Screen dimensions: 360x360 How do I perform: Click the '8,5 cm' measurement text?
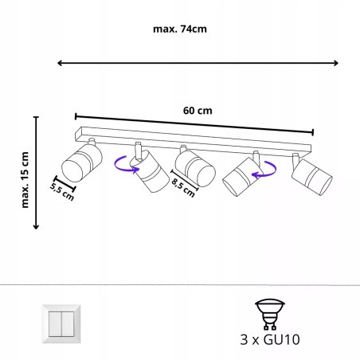coord(184,189)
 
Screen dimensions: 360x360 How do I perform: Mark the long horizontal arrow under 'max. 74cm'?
coord(198,64)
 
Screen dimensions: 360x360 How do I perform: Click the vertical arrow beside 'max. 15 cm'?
coord(36,171)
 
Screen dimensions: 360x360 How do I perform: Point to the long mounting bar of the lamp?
coord(193,137)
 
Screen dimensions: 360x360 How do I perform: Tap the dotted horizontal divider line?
coord(180,284)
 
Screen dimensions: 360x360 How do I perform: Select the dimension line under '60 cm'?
coord(194,123)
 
